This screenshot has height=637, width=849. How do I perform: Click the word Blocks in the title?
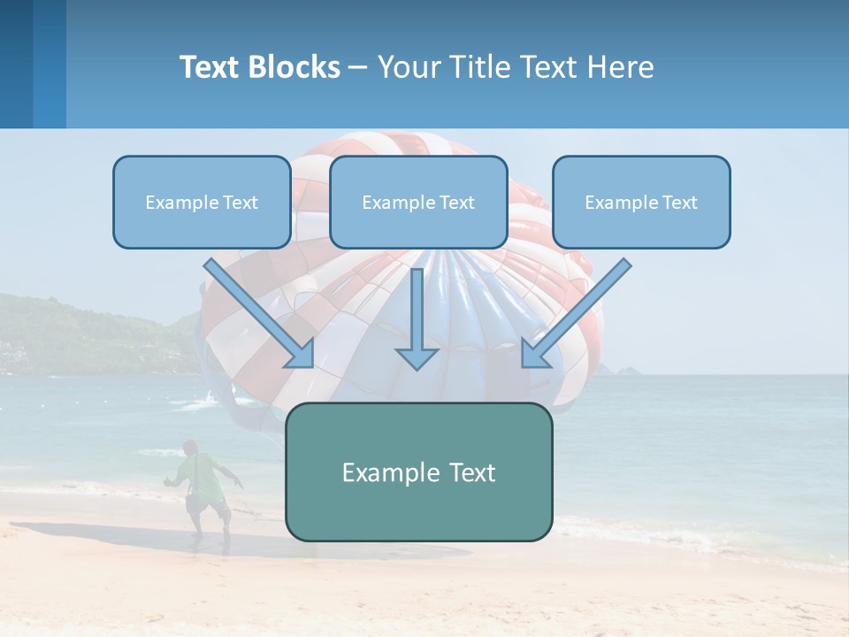[x=296, y=67]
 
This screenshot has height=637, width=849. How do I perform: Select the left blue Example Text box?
[x=202, y=203]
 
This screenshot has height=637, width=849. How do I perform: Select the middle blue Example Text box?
[x=418, y=203]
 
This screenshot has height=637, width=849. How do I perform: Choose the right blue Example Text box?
[x=641, y=203]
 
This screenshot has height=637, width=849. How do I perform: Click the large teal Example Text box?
[x=418, y=472]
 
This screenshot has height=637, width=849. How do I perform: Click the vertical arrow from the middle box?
[x=417, y=310]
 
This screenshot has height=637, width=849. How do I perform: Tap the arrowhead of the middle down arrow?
[x=417, y=357]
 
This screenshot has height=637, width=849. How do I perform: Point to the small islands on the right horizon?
[x=630, y=369]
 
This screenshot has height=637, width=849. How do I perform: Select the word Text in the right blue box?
[x=680, y=203]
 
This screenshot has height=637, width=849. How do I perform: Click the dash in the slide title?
[x=358, y=68]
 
